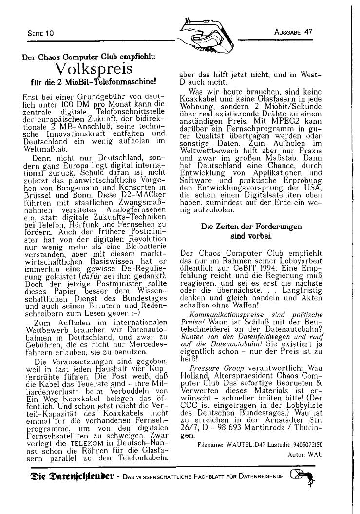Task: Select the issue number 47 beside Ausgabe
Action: tap(308, 32)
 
